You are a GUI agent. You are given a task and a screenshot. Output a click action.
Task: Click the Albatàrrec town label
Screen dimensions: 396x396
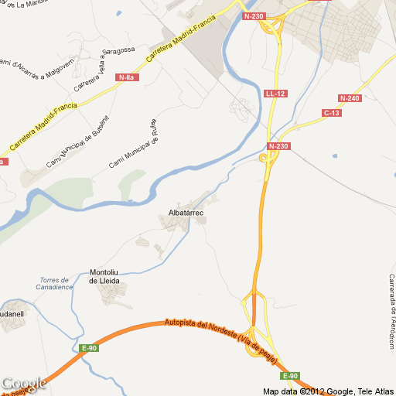point(186,212)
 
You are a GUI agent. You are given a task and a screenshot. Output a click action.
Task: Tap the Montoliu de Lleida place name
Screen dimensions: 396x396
point(105,276)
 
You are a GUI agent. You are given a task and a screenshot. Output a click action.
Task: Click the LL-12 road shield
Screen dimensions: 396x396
point(275,94)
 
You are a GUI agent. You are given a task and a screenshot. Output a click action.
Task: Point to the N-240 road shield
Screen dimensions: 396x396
point(350,98)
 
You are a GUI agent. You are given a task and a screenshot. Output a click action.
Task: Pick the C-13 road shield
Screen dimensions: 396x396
point(332,113)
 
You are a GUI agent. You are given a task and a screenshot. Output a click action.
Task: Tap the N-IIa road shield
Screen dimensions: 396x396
point(125,77)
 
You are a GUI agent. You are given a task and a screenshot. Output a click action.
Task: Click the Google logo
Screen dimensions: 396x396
point(24,384)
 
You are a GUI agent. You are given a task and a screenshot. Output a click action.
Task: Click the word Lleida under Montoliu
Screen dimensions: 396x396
point(105,281)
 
